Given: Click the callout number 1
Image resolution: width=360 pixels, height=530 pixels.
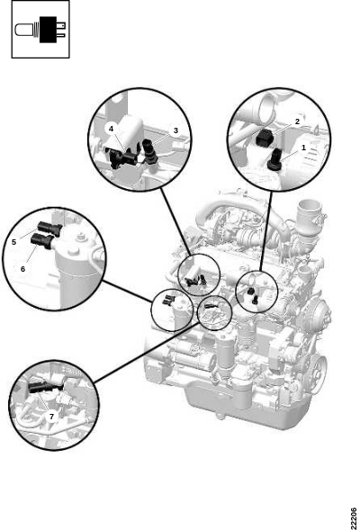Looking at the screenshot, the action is (303, 148).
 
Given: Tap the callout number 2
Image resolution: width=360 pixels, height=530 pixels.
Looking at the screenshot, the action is (297, 121).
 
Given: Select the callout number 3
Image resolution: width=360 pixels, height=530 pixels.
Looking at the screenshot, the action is (175, 130).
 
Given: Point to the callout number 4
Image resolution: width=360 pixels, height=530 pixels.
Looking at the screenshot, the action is (111, 129).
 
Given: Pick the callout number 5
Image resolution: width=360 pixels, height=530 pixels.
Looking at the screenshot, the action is (13, 242).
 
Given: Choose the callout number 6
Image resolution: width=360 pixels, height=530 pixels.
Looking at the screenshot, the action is (22, 269).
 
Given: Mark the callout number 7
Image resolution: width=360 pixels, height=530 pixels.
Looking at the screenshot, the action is (51, 417).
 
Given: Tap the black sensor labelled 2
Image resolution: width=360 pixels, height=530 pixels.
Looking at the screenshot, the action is (264, 138).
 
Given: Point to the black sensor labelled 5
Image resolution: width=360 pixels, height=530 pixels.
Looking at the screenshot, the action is (50, 229).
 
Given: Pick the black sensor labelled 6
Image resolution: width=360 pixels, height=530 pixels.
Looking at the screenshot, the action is (42, 241).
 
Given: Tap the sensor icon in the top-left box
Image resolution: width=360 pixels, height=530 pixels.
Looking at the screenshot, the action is (40, 30).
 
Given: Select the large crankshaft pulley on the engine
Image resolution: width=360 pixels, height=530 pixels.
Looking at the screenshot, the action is (319, 368).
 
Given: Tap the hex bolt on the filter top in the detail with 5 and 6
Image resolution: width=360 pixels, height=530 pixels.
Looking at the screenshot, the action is (80, 238).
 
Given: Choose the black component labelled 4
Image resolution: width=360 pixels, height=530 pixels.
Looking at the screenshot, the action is (122, 158).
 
